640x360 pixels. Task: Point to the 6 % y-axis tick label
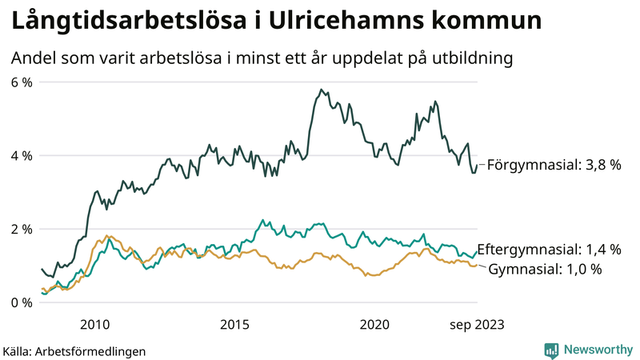(22, 82)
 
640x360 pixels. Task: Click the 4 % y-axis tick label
(22, 155)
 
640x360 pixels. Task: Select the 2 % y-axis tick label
(22, 229)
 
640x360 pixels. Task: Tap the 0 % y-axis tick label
(22, 302)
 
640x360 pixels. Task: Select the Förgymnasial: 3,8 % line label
(554, 165)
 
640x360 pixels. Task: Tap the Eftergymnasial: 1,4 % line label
(549, 250)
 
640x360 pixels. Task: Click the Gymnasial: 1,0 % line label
(545, 269)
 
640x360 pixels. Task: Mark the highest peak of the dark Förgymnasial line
(321, 90)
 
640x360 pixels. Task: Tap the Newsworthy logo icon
(551, 350)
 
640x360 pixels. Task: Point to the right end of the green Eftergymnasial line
(477, 252)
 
